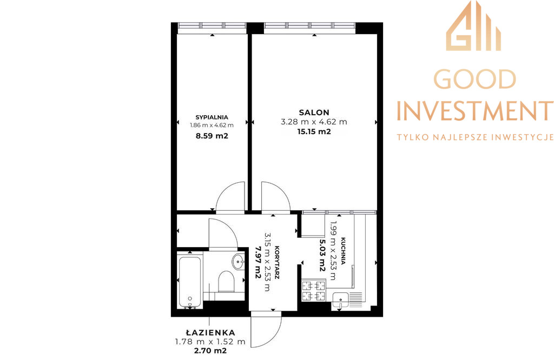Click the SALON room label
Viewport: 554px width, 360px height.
314,112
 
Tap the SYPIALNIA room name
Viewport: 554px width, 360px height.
212,117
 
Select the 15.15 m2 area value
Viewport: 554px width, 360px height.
314,132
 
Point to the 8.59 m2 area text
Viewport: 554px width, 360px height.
212,136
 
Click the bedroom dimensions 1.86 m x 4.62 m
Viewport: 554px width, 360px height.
212,125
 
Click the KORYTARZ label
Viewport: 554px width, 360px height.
276,263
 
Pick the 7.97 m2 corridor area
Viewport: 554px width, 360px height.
258,263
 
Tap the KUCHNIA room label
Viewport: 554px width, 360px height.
343,251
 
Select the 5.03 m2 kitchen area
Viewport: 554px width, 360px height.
322,255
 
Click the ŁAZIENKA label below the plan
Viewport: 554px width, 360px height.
210,332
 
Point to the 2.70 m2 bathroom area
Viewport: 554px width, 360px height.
210,351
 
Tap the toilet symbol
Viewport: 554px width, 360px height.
227,282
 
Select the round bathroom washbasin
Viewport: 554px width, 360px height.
239,262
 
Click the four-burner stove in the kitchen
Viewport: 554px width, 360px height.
313,290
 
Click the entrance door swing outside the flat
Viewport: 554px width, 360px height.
266,329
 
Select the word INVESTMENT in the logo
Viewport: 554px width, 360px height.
474,111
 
